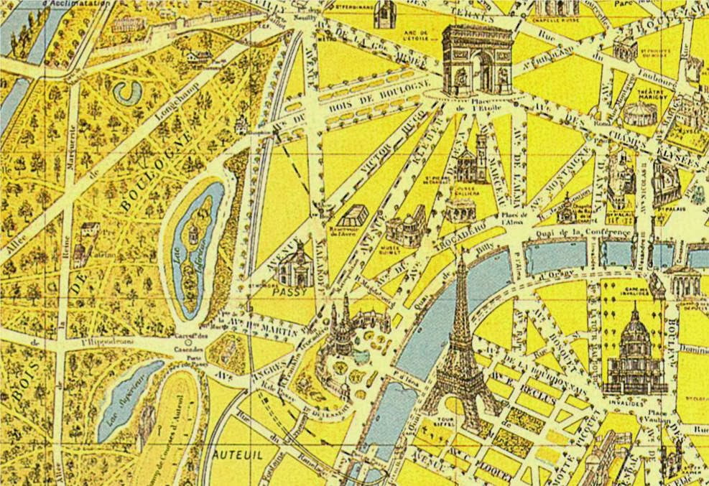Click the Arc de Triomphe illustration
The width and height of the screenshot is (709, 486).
477,60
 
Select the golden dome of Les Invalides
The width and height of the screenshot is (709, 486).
636,334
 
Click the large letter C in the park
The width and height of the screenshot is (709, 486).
130,90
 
